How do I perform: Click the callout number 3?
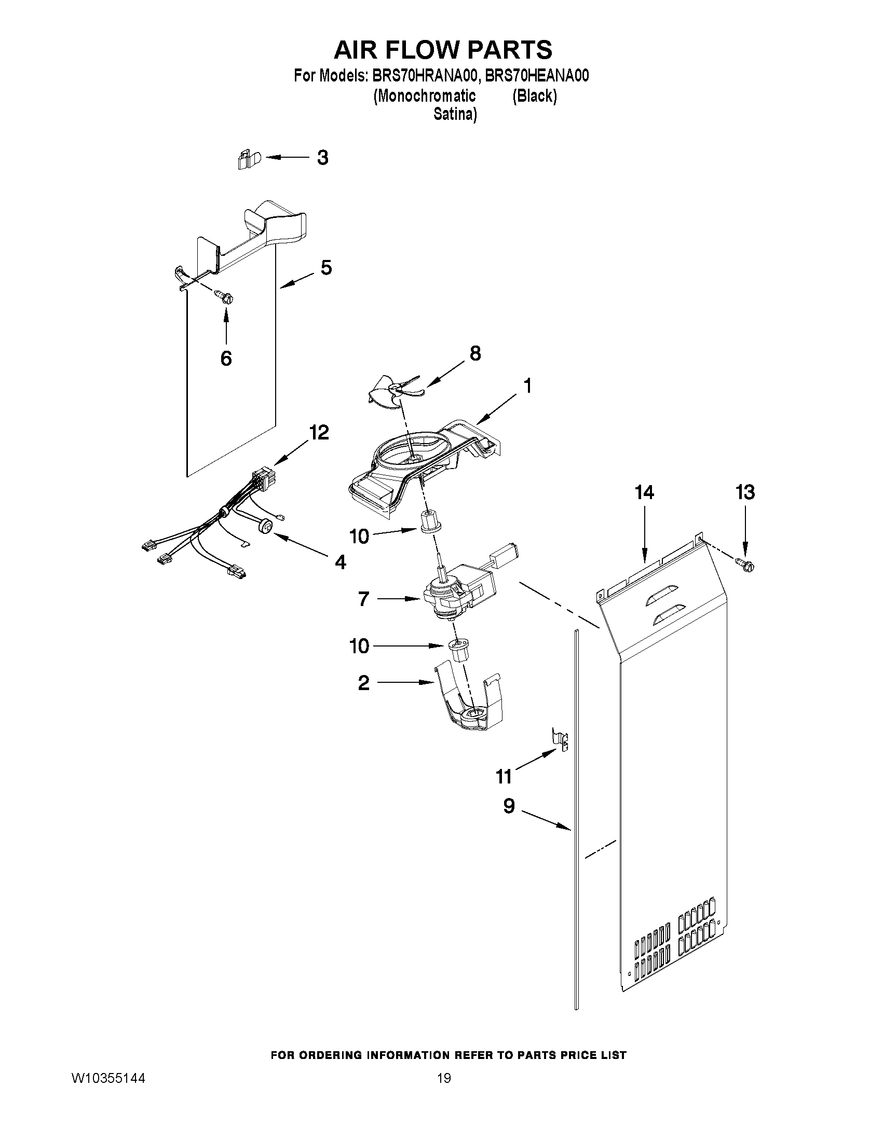pyautogui.click(x=323, y=157)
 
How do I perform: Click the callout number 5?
pyautogui.click(x=325, y=268)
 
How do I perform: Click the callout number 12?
pyautogui.click(x=319, y=432)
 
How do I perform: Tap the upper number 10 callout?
pyautogui.click(x=359, y=536)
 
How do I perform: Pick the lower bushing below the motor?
pyautogui.click(x=459, y=650)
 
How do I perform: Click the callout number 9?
pyautogui.click(x=509, y=806)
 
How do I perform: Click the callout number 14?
pyautogui.click(x=644, y=492)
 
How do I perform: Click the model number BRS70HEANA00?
pyautogui.click(x=537, y=76)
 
